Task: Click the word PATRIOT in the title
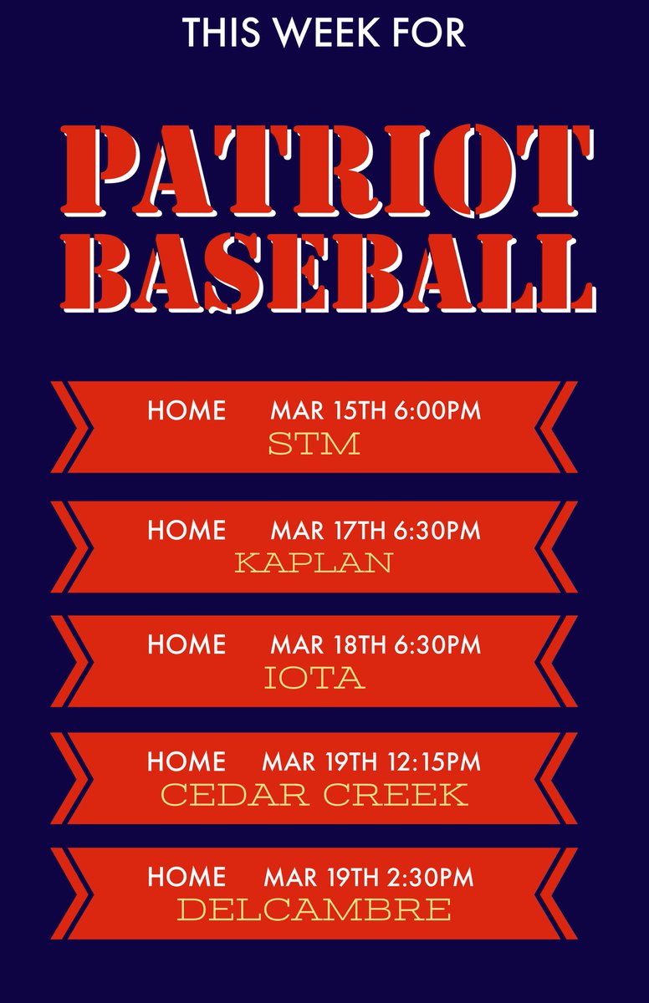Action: coord(328,171)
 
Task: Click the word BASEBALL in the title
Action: coord(328,271)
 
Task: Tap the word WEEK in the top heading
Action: coord(319,31)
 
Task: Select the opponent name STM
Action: coord(314,443)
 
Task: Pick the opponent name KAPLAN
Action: coord(314,562)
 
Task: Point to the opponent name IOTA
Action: coord(314,677)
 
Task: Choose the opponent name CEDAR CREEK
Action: coord(314,793)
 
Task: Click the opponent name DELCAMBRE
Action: coord(314,909)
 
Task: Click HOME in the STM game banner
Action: coord(187,411)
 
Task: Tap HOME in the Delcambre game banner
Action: coord(187,877)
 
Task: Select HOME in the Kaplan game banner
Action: coord(187,531)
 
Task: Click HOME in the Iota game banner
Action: coord(187,645)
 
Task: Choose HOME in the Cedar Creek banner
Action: coord(187,761)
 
